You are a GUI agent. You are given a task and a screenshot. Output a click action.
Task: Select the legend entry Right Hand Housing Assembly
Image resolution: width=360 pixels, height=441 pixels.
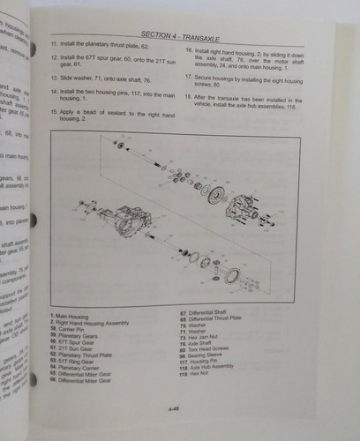(92, 322)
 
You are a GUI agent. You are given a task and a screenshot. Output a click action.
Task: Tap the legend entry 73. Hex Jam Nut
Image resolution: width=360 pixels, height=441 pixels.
(208, 337)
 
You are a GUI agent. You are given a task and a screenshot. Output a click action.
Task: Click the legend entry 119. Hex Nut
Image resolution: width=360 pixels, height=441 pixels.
(202, 385)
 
